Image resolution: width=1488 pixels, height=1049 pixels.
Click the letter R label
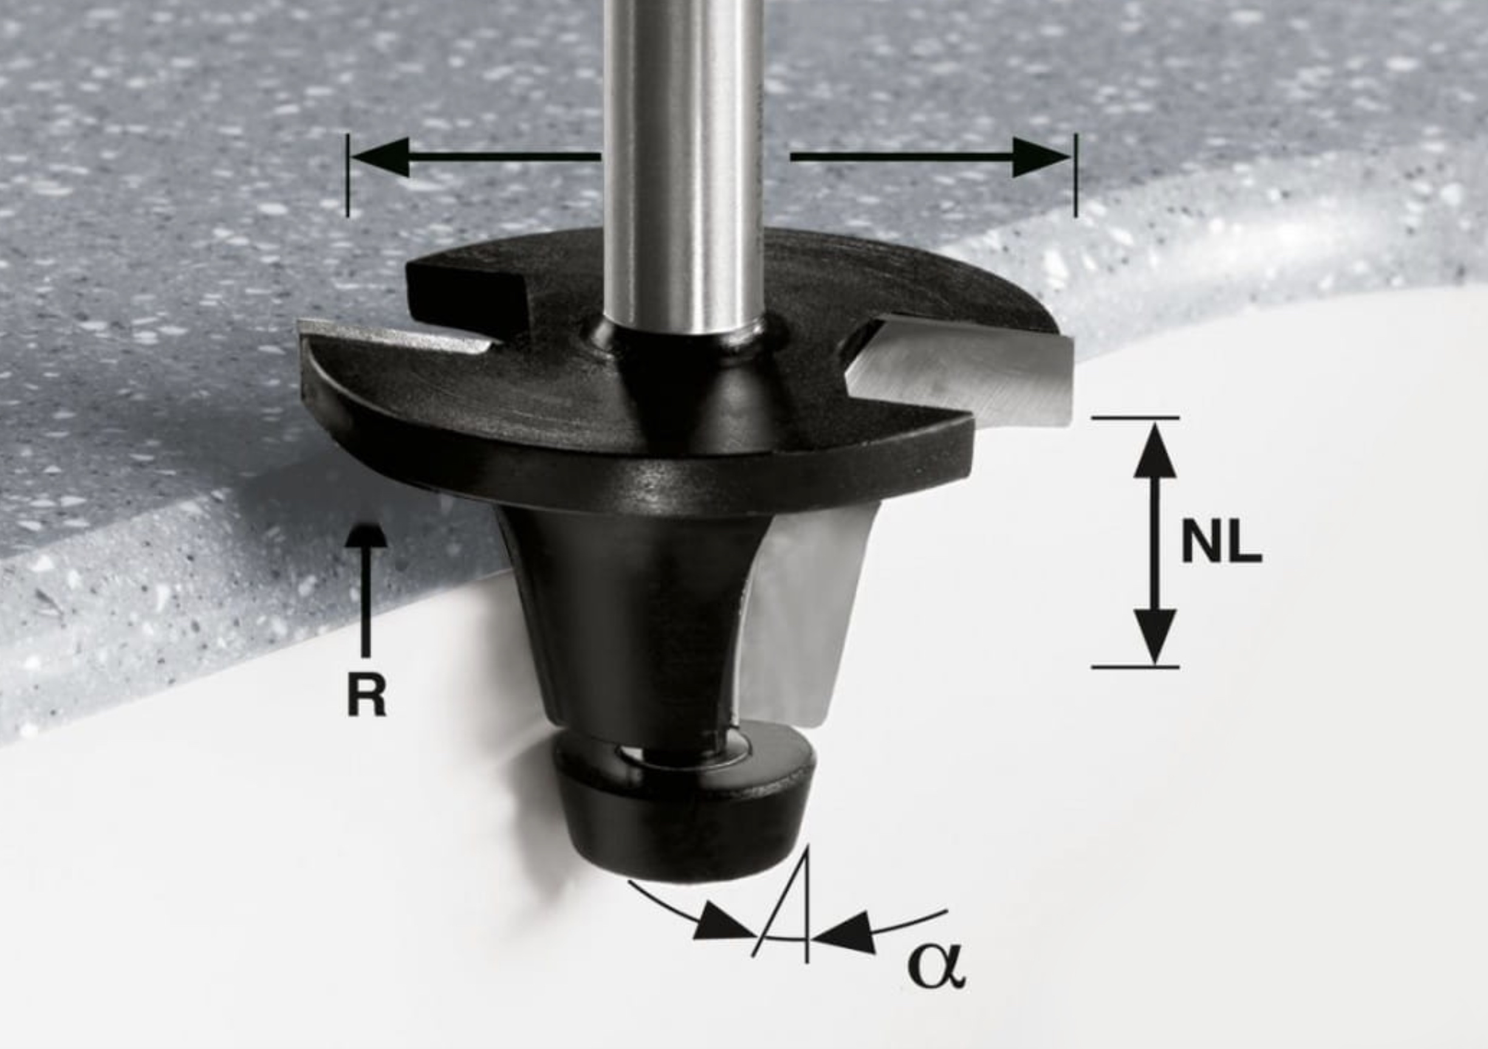367,693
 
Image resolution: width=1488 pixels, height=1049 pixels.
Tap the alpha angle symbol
936,968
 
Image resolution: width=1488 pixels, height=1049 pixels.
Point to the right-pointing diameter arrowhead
1041,157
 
